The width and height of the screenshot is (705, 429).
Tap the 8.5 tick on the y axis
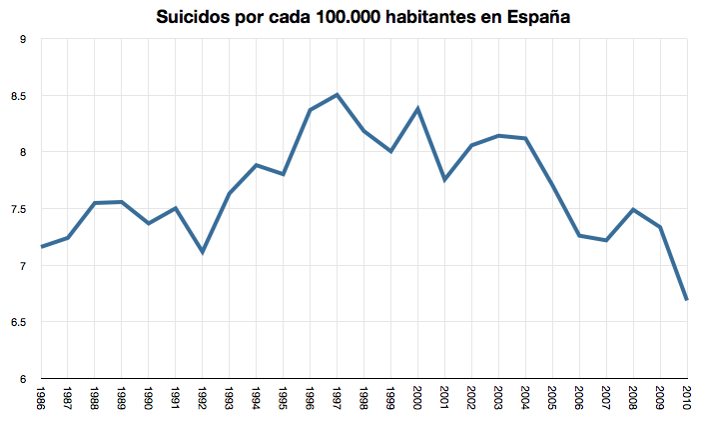pos(19,96)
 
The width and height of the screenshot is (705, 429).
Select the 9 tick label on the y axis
pos(22,39)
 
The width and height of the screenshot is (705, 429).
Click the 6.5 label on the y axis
pos(19,322)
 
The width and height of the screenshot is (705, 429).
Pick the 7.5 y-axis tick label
pos(19,209)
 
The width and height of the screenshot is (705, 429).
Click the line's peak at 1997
pos(338,95)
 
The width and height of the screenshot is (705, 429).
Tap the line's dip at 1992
pos(203,252)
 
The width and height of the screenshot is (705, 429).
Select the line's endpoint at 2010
pos(686,299)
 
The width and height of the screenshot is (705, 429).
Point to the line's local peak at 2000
pos(418,108)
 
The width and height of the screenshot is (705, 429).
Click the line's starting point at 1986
pos(41,246)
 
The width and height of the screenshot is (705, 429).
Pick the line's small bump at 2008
pos(633,210)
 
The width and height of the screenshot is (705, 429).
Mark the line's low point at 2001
pos(445,180)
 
